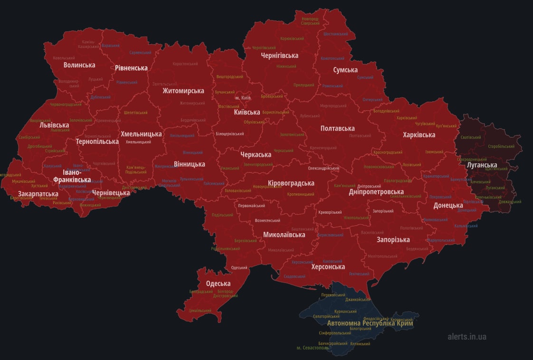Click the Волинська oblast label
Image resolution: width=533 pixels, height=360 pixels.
click(79, 65)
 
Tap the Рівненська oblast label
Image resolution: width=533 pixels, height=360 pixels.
click(131, 68)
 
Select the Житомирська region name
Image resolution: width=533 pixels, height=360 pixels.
click(183, 91)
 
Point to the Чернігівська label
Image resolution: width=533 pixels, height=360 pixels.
click(279, 56)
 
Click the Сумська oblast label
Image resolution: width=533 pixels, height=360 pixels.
click(345, 70)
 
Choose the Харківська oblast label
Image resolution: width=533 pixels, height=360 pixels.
click(419, 135)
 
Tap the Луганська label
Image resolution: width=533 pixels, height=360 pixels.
click(482, 165)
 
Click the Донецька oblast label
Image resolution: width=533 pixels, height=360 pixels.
click(447, 206)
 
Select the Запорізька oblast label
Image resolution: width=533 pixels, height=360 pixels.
click(393, 239)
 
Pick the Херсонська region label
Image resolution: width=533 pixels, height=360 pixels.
click(328, 267)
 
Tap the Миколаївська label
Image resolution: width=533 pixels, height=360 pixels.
click(284, 235)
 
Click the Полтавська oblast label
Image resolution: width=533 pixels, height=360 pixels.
click(337, 129)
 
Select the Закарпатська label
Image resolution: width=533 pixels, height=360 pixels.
click(38, 194)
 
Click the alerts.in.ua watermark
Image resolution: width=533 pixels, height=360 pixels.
click(466, 337)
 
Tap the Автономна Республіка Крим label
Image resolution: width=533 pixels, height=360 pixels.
click(370, 323)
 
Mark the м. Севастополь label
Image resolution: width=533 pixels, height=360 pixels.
click(313, 348)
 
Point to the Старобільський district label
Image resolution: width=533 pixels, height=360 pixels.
click(501, 146)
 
